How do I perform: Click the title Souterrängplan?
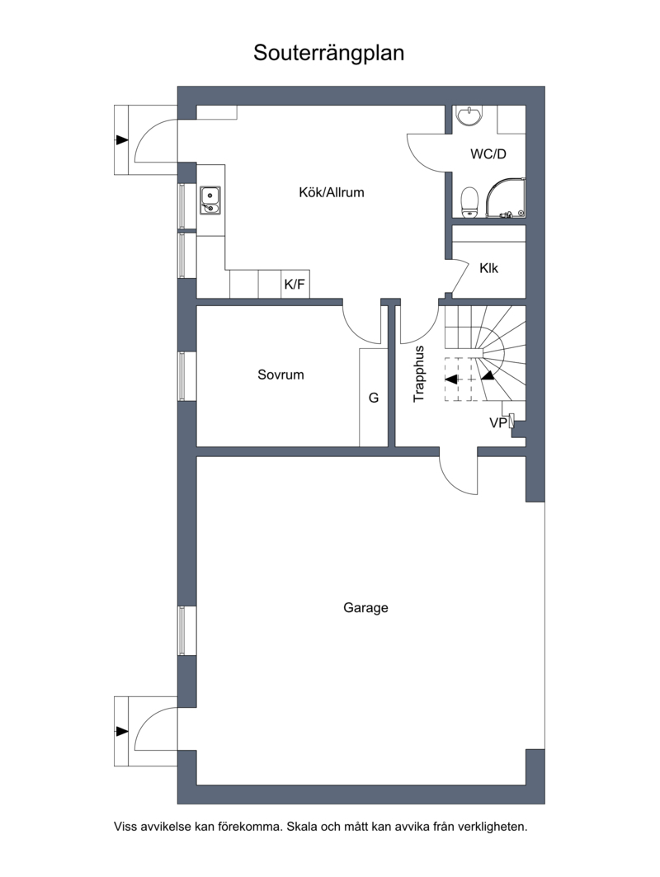(x=328, y=54)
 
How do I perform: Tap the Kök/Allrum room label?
(x=331, y=192)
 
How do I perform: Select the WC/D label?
(x=488, y=153)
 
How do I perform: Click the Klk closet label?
(x=489, y=268)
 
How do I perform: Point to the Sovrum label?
(x=280, y=375)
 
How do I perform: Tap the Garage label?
(x=365, y=608)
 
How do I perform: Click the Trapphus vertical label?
(x=419, y=374)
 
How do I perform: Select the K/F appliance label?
(x=295, y=285)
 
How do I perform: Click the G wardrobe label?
(x=374, y=398)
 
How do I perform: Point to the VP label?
(x=499, y=423)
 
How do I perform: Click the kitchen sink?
(x=210, y=200)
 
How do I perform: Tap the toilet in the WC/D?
(x=469, y=202)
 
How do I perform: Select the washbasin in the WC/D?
(x=469, y=116)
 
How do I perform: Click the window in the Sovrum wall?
(x=181, y=376)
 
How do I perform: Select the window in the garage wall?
(x=181, y=631)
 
